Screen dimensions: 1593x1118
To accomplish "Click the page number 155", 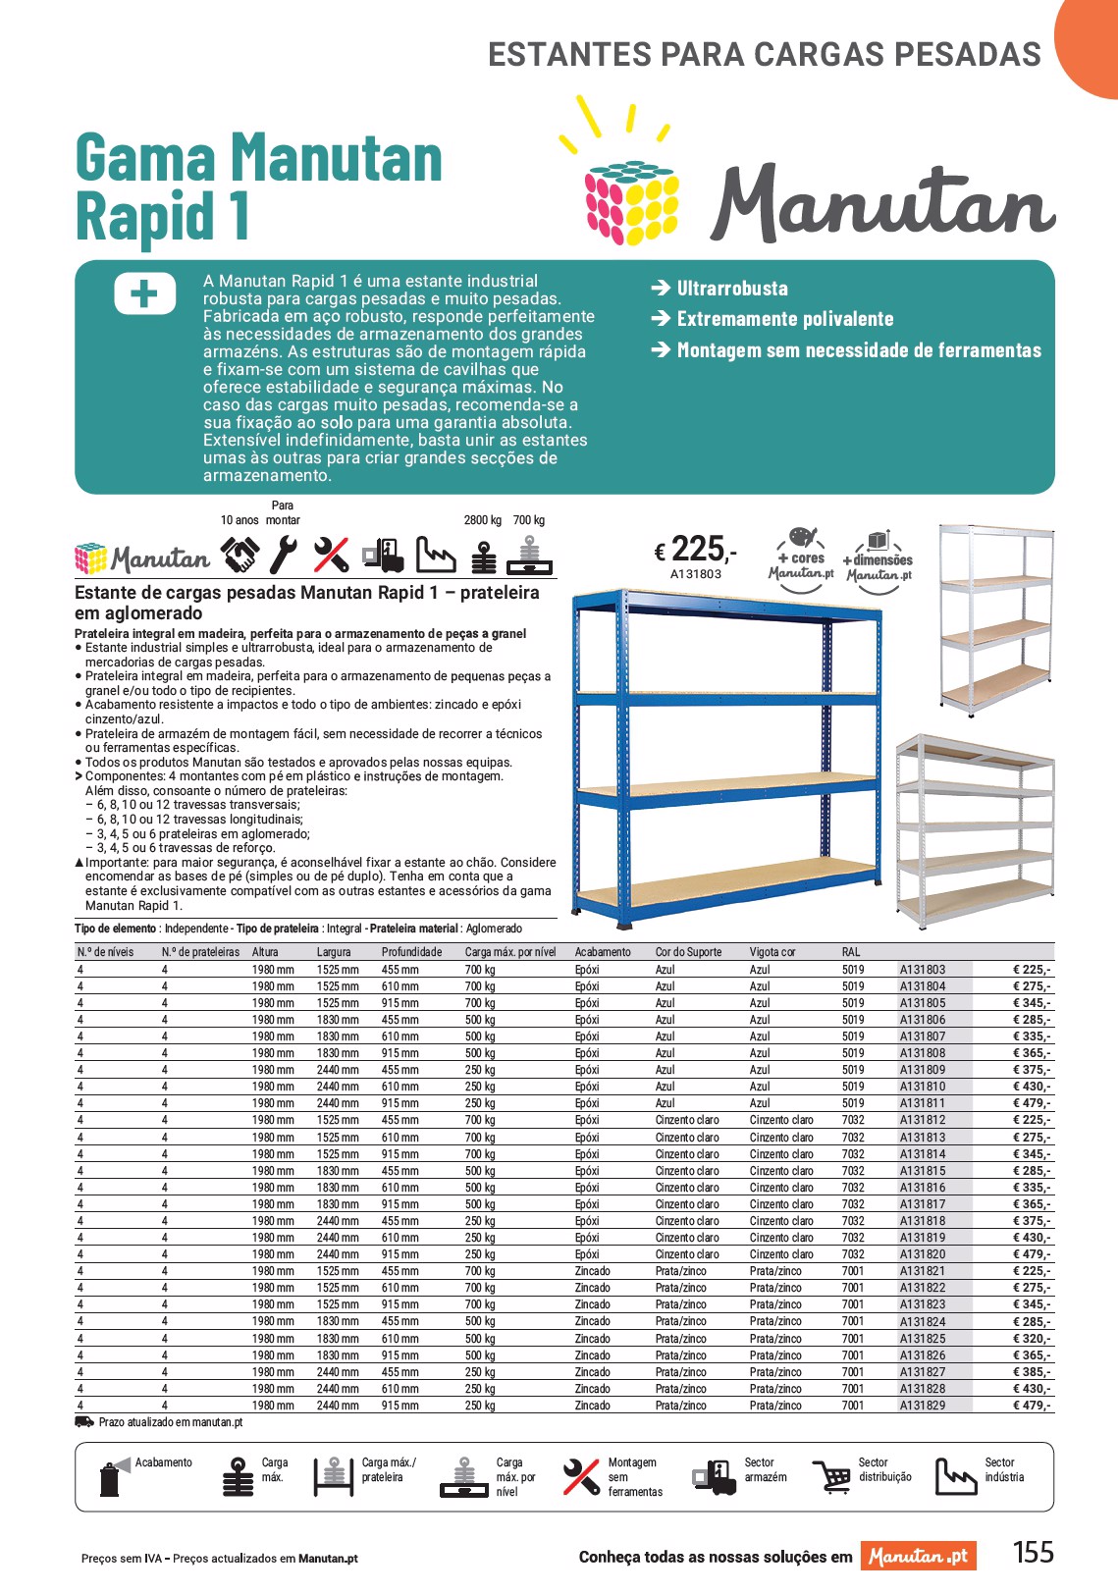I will [x=1033, y=1552].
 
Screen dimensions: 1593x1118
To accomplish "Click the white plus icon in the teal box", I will [x=144, y=293].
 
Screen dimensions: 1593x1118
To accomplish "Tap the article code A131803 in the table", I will [x=922, y=969].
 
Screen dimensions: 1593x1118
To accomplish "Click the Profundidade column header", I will [x=411, y=951].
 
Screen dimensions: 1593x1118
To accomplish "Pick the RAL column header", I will [x=850, y=951].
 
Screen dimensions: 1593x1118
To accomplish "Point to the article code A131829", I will [x=922, y=1405].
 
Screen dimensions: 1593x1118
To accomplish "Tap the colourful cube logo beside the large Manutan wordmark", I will [x=632, y=201].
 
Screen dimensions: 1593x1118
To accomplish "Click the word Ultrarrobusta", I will [x=732, y=289].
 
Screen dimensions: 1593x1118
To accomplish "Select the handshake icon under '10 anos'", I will [x=240, y=556].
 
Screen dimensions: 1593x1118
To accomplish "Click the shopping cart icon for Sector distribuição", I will [x=832, y=1476].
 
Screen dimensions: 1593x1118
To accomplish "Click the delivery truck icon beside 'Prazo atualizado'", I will [x=84, y=1421].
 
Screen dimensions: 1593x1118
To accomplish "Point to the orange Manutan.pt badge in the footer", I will [x=918, y=1556].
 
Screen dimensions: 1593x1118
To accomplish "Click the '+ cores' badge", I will [x=802, y=558].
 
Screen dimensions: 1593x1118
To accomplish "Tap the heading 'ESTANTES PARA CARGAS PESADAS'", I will [x=764, y=54].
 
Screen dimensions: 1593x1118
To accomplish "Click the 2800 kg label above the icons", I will [x=482, y=520].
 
